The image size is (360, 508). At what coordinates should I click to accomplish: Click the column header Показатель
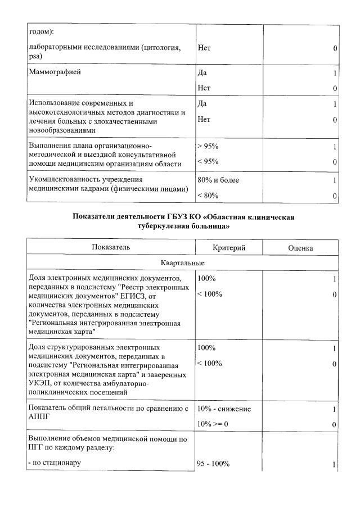pyautogui.click(x=111, y=247)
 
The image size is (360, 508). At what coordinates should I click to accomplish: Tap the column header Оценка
pyautogui.click(x=300, y=247)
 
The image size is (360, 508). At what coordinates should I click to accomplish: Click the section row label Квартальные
pyautogui.click(x=182, y=263)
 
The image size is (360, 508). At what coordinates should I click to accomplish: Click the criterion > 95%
pyautogui.click(x=208, y=146)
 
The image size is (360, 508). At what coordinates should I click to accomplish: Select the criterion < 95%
pyautogui.click(x=208, y=162)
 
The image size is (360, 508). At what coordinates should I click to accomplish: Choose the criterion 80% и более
pyautogui.click(x=218, y=180)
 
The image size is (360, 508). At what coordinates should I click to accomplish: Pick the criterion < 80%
pyautogui.click(x=208, y=196)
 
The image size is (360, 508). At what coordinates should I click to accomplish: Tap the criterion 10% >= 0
pyautogui.click(x=213, y=424)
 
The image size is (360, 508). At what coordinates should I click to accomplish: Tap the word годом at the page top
pyautogui.click(x=39, y=31)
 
